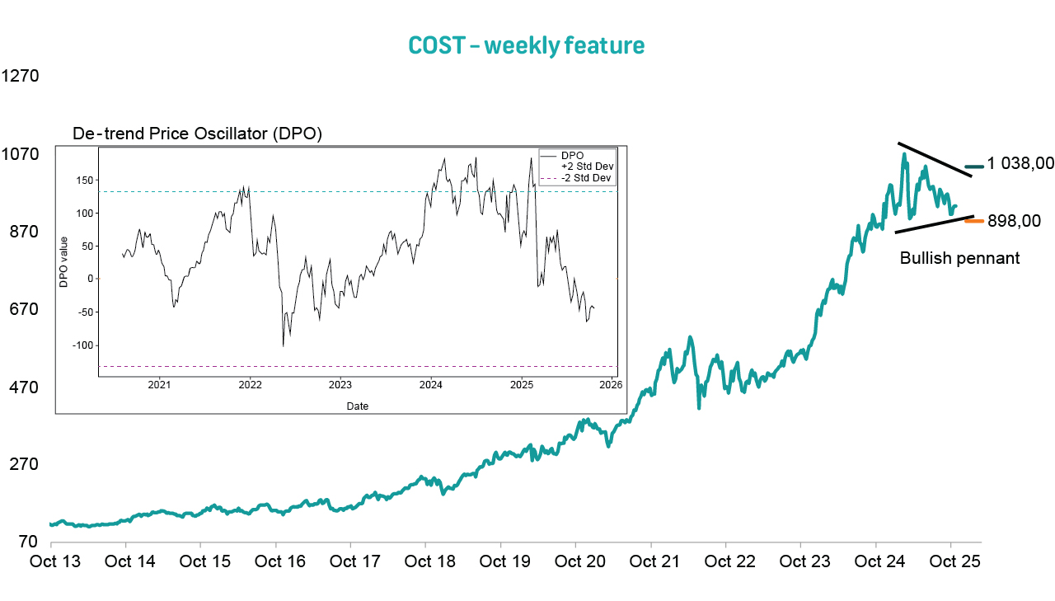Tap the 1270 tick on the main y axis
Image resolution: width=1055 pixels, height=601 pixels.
(x=21, y=77)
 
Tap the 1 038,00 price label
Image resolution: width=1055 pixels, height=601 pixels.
(x=1020, y=163)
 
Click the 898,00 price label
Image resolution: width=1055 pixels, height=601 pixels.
(x=1013, y=221)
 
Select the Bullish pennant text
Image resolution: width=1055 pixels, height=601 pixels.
(x=959, y=258)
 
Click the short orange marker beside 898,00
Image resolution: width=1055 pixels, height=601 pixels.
(x=973, y=220)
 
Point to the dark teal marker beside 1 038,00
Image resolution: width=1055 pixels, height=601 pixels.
(x=974, y=167)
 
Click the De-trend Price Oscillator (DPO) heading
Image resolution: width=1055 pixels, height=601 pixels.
(x=197, y=134)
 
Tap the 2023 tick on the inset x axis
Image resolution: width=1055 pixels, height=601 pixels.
(x=340, y=385)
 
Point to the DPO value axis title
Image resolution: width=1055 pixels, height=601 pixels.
(x=63, y=262)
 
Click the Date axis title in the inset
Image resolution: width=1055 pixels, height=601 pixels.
(x=358, y=406)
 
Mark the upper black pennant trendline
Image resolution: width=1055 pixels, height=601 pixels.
(x=934, y=159)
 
